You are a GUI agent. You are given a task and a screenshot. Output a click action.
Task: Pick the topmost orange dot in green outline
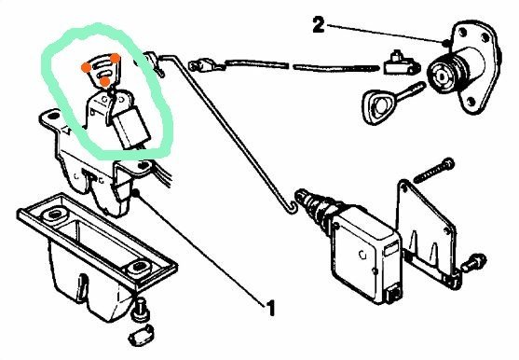click(x=114, y=58)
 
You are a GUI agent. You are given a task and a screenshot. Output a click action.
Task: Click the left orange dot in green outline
click(x=85, y=67)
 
